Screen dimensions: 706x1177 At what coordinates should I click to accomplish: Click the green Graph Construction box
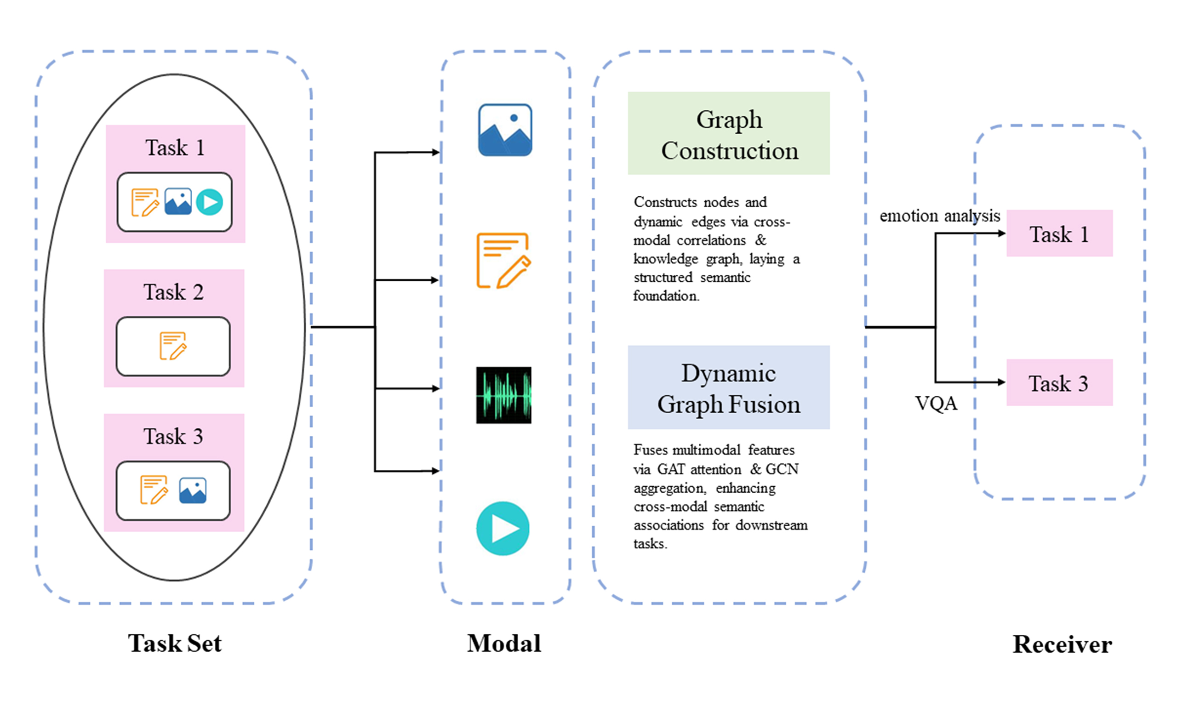coord(728,133)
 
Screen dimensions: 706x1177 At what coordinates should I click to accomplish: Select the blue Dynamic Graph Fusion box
coord(728,387)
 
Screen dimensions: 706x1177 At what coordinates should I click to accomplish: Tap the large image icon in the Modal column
coord(505,130)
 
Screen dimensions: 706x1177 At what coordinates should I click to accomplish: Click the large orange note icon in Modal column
coord(503,260)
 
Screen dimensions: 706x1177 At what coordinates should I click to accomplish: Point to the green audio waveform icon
coord(503,395)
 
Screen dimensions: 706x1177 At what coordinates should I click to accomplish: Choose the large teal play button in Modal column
coord(503,528)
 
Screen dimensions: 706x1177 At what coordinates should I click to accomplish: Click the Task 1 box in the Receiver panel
coord(1059,233)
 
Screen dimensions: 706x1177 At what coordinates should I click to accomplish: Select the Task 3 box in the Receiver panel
coord(1059,382)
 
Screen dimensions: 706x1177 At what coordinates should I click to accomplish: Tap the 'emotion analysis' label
coord(940,216)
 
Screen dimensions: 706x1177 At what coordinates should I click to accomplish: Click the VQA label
coord(935,404)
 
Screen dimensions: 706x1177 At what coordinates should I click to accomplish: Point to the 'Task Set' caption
coord(175,643)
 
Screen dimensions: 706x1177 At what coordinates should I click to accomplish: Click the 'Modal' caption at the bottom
coord(504,643)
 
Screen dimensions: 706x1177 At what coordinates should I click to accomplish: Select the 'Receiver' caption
coord(1062,644)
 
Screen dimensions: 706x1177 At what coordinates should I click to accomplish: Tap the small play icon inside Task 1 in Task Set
coord(209,202)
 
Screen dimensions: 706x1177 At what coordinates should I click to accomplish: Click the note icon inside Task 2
coord(173,346)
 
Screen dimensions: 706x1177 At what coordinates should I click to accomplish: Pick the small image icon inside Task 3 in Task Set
coord(193,490)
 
